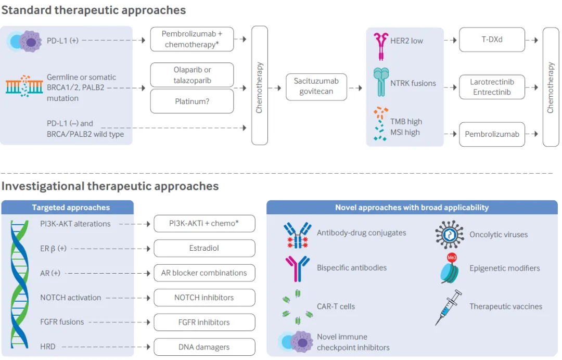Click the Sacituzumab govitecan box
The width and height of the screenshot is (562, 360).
[x=316, y=87]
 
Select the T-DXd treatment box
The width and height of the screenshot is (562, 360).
[x=492, y=40]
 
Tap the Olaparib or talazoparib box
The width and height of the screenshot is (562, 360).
[x=191, y=75]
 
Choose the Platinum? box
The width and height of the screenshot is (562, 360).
[x=191, y=101]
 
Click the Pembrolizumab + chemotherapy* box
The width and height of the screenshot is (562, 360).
[x=191, y=40]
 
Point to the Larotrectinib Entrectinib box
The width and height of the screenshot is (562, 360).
[x=492, y=87]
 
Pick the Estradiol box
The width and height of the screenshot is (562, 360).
[x=204, y=248]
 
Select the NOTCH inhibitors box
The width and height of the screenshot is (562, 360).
[x=204, y=298]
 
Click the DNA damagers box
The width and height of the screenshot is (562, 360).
[x=204, y=347]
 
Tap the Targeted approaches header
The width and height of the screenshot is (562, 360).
[x=71, y=208]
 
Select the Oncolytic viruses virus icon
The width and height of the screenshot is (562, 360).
[x=449, y=234]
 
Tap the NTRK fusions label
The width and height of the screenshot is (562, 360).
[x=413, y=83]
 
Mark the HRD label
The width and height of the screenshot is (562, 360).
[x=48, y=346]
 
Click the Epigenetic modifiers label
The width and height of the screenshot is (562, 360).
[x=504, y=268]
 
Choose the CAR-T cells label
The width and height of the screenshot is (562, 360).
[x=336, y=306]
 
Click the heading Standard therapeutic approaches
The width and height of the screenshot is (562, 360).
[x=93, y=10]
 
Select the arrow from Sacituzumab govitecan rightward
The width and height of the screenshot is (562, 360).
[x=355, y=87]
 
